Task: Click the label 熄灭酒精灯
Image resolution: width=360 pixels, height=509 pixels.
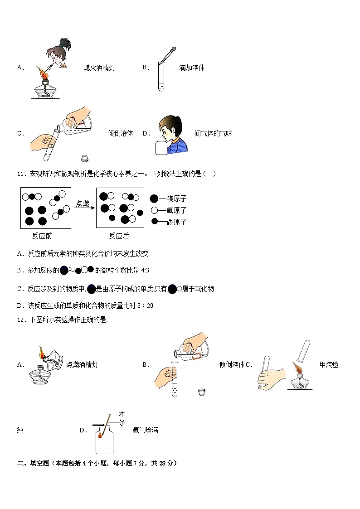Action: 99,68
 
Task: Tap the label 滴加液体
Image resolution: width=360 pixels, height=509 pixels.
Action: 192,68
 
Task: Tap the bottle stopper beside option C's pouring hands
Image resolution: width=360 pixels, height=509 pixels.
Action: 84,158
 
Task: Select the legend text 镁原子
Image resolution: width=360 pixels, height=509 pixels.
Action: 176,199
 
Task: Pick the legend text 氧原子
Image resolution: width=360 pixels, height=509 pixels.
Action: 176,210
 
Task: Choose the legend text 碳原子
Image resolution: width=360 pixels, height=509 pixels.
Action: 176,222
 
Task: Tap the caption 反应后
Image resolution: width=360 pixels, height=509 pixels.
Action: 119,236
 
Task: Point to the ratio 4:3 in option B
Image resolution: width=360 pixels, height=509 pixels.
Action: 145,271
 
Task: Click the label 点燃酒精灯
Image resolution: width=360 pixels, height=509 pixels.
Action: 82,364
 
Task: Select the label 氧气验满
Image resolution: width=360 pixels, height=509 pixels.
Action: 146,431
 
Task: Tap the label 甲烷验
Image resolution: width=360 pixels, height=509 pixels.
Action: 329,364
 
